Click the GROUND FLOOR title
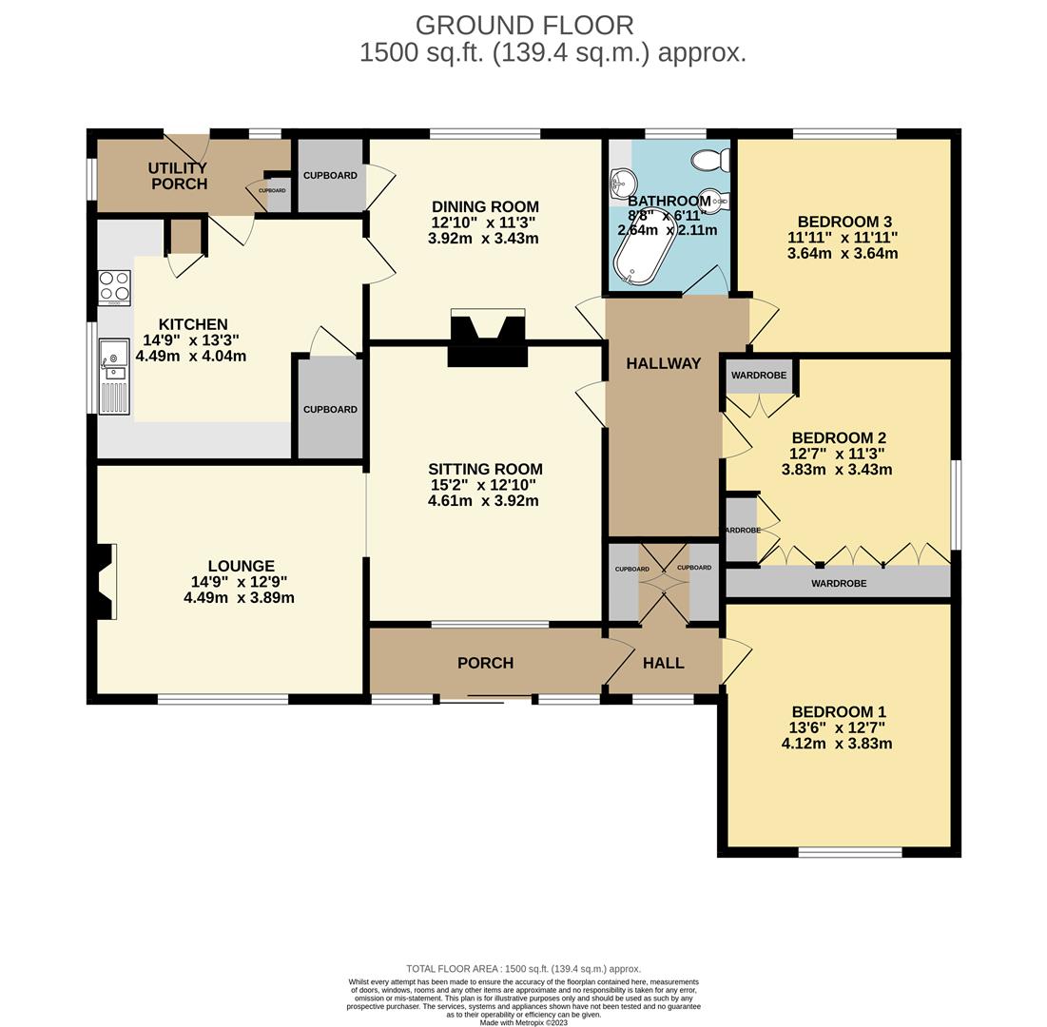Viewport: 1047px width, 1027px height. (524, 25)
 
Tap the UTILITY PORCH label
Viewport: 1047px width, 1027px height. (178, 176)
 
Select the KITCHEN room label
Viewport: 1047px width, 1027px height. (193, 324)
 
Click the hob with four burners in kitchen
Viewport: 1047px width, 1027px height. (114, 287)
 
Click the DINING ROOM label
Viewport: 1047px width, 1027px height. (485, 206)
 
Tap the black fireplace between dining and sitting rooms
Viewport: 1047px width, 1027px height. (488, 339)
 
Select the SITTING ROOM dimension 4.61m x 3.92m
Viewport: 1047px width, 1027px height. (483, 500)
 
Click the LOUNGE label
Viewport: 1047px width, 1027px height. (242, 566)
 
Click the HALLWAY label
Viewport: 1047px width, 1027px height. (663, 363)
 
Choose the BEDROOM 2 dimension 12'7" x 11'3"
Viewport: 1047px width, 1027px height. (837, 454)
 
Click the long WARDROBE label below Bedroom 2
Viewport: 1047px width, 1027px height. (838, 583)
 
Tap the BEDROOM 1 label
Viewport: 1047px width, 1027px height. (838, 711)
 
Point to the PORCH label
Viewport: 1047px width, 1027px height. (485, 663)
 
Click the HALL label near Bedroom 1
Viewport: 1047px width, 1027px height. (663, 663)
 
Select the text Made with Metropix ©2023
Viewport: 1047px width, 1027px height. (523, 1022)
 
